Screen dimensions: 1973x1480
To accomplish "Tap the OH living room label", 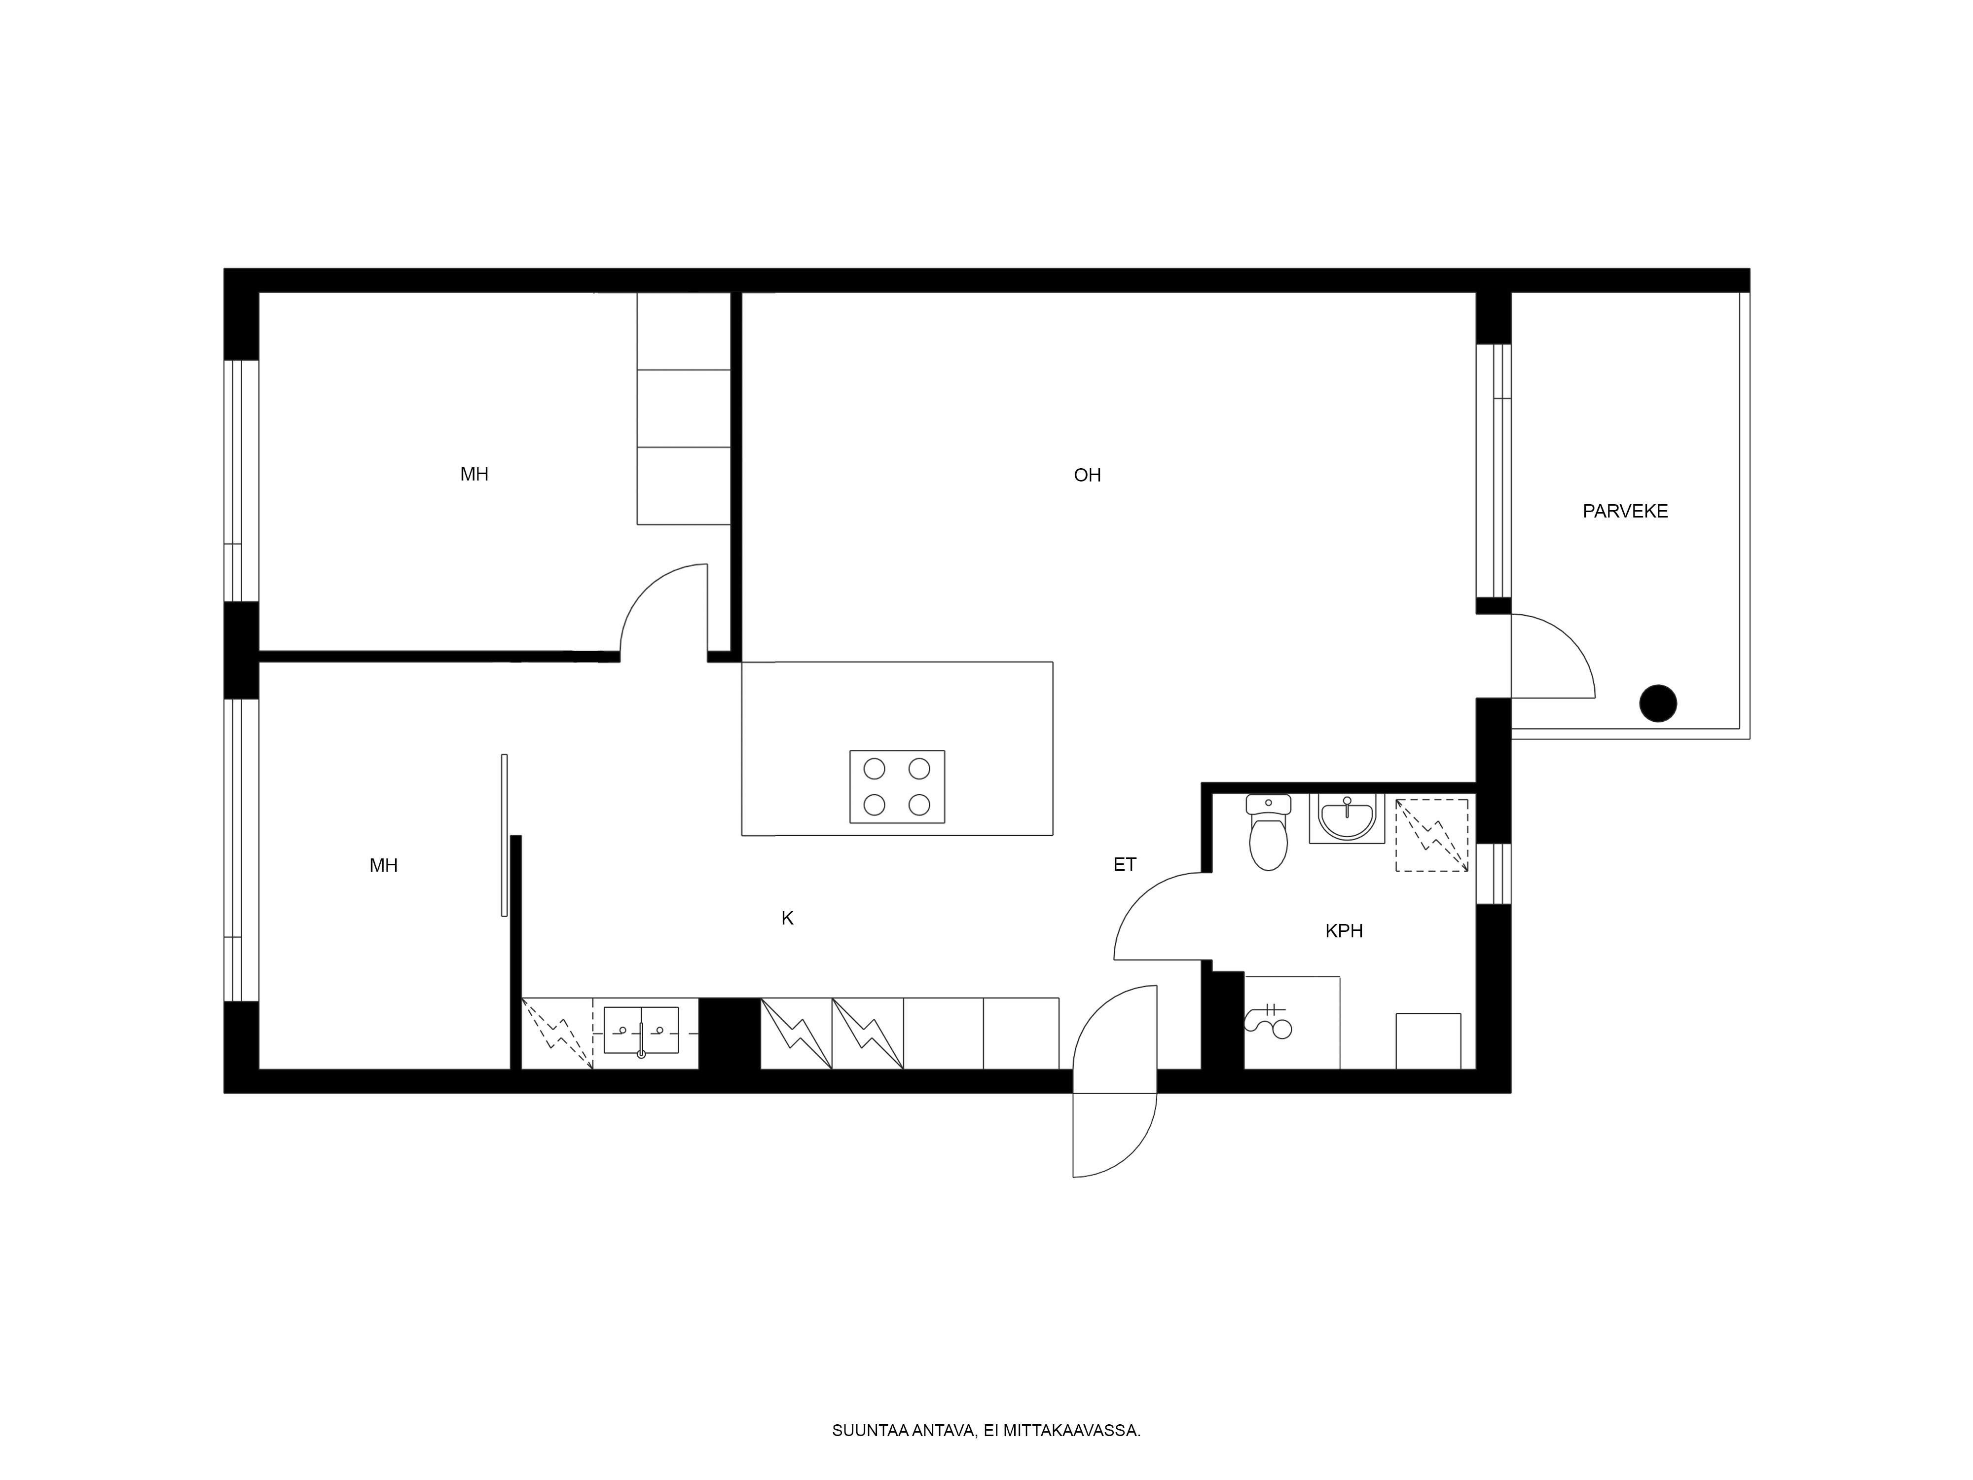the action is click(1087, 476).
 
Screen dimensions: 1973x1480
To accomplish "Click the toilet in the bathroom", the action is click(1268, 832).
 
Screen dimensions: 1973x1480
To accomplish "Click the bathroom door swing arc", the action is click(1140, 899).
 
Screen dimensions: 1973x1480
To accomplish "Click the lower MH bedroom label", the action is click(384, 865).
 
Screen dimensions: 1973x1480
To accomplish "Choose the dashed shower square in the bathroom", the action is click(1431, 835).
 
